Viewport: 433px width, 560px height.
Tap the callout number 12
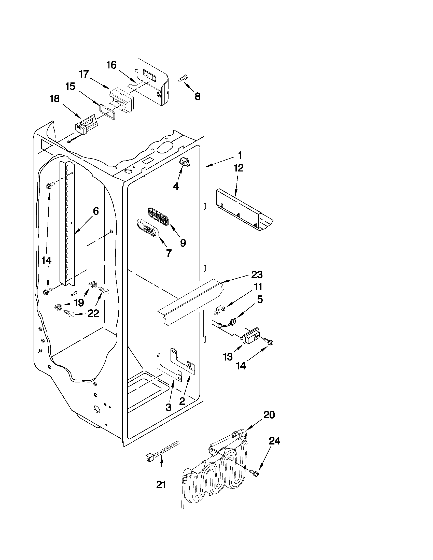coord(238,168)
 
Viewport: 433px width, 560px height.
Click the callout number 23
coord(257,275)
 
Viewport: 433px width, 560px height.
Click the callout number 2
coord(182,401)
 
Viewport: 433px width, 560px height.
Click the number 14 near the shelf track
coord(46,261)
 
